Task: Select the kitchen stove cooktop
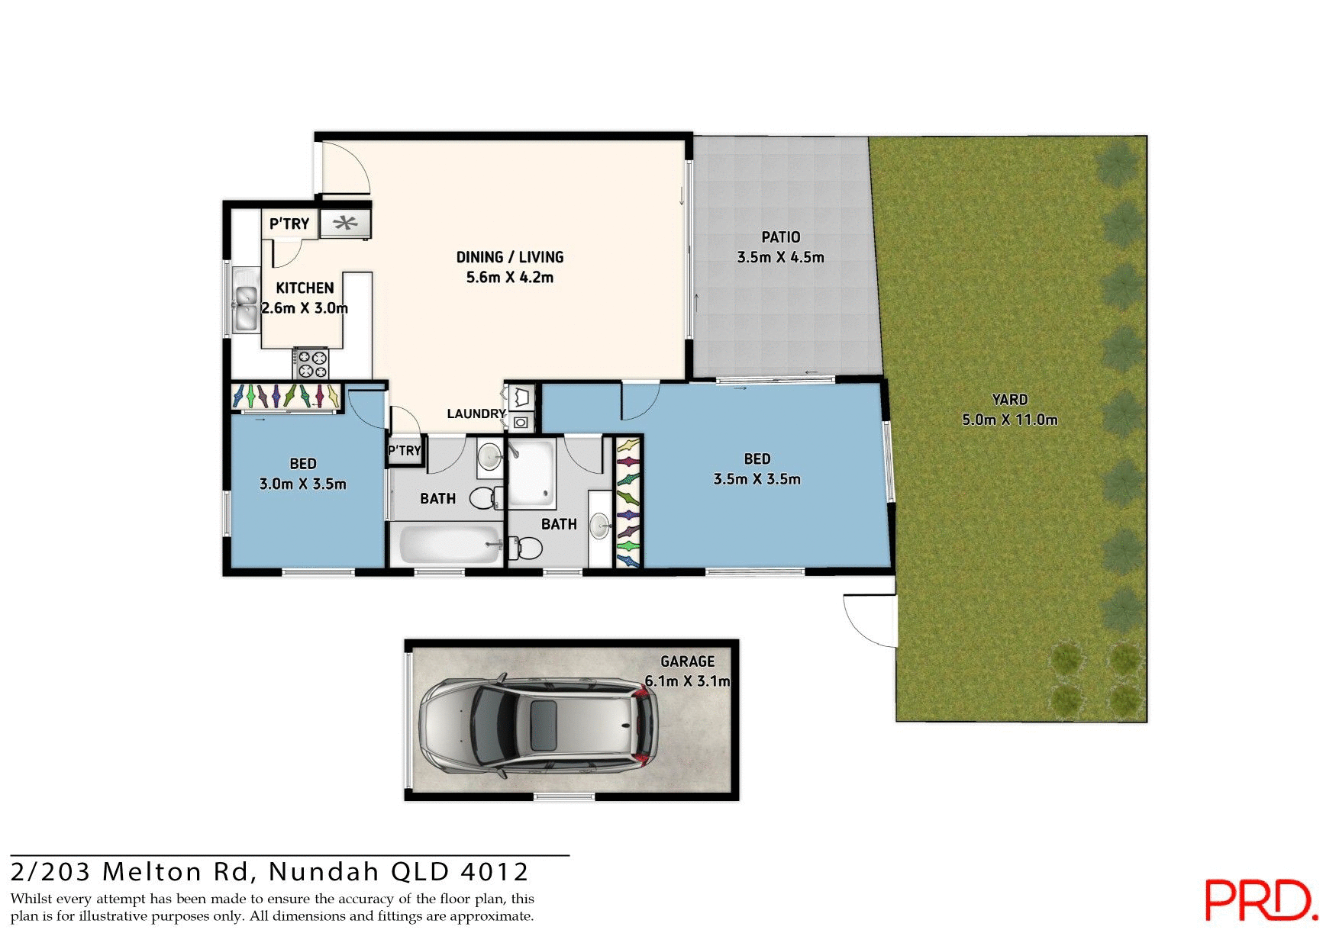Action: click(311, 364)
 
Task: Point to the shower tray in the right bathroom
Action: click(532, 473)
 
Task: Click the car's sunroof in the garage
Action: click(543, 721)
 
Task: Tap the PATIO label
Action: click(780, 237)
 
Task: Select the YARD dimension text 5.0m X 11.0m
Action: click(1009, 420)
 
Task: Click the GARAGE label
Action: click(687, 661)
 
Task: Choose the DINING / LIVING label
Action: click(510, 257)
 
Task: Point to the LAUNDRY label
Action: click(476, 413)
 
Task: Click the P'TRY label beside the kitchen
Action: click(289, 224)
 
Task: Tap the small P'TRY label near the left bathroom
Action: click(405, 450)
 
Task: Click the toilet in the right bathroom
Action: click(527, 547)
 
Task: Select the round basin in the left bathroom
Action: click(489, 457)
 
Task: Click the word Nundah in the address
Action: click(324, 871)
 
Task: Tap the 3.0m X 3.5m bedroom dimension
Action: click(303, 484)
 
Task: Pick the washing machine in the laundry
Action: click(521, 422)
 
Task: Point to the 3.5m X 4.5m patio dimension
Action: click(780, 257)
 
